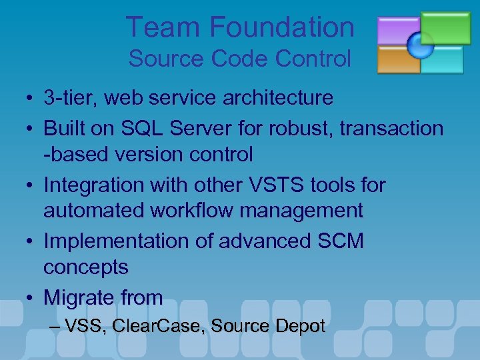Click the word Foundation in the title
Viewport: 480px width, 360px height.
282,27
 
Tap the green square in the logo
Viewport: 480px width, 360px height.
446,26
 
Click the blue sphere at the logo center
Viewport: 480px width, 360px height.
421,45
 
